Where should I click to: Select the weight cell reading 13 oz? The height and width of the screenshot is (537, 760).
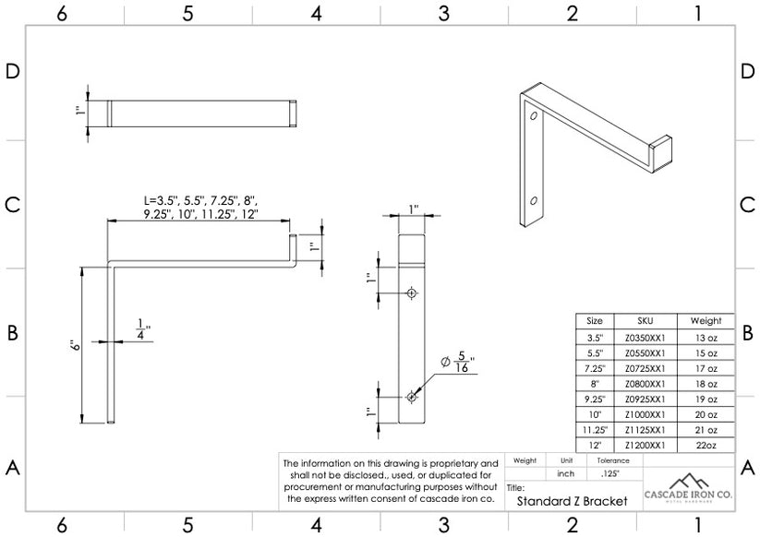click(x=706, y=339)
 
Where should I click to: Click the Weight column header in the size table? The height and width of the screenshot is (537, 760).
click(x=706, y=321)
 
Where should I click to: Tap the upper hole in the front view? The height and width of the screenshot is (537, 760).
click(x=412, y=292)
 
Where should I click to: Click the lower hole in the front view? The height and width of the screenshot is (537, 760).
click(x=412, y=397)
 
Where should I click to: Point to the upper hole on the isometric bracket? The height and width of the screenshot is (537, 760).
click(x=534, y=116)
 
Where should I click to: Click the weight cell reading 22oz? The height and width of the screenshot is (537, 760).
click(x=706, y=445)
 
